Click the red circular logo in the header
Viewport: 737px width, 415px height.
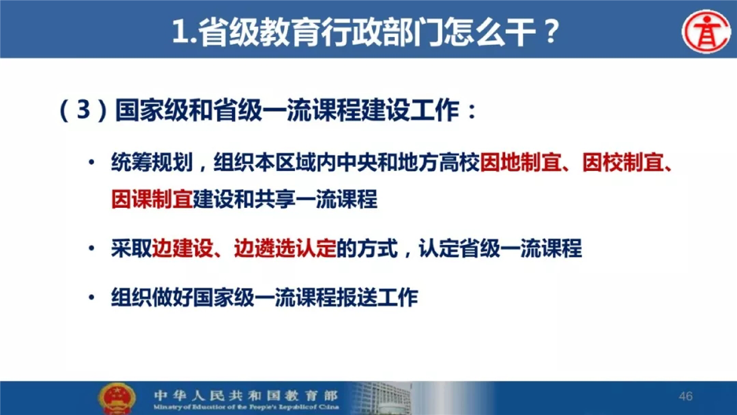[706, 31]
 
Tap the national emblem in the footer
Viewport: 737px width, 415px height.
[117, 399]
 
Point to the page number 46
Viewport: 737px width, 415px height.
[685, 396]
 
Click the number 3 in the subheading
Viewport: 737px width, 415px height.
[83, 110]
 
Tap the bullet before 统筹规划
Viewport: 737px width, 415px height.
[92, 162]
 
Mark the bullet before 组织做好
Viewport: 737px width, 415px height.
[92, 298]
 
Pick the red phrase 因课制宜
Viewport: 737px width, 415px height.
[152, 199]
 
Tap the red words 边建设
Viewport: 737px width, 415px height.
[182, 248]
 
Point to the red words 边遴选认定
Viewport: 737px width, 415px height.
[285, 248]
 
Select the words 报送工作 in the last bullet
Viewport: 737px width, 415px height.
[377, 298]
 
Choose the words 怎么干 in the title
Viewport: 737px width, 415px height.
[490, 32]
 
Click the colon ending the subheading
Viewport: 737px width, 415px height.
[472, 112]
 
